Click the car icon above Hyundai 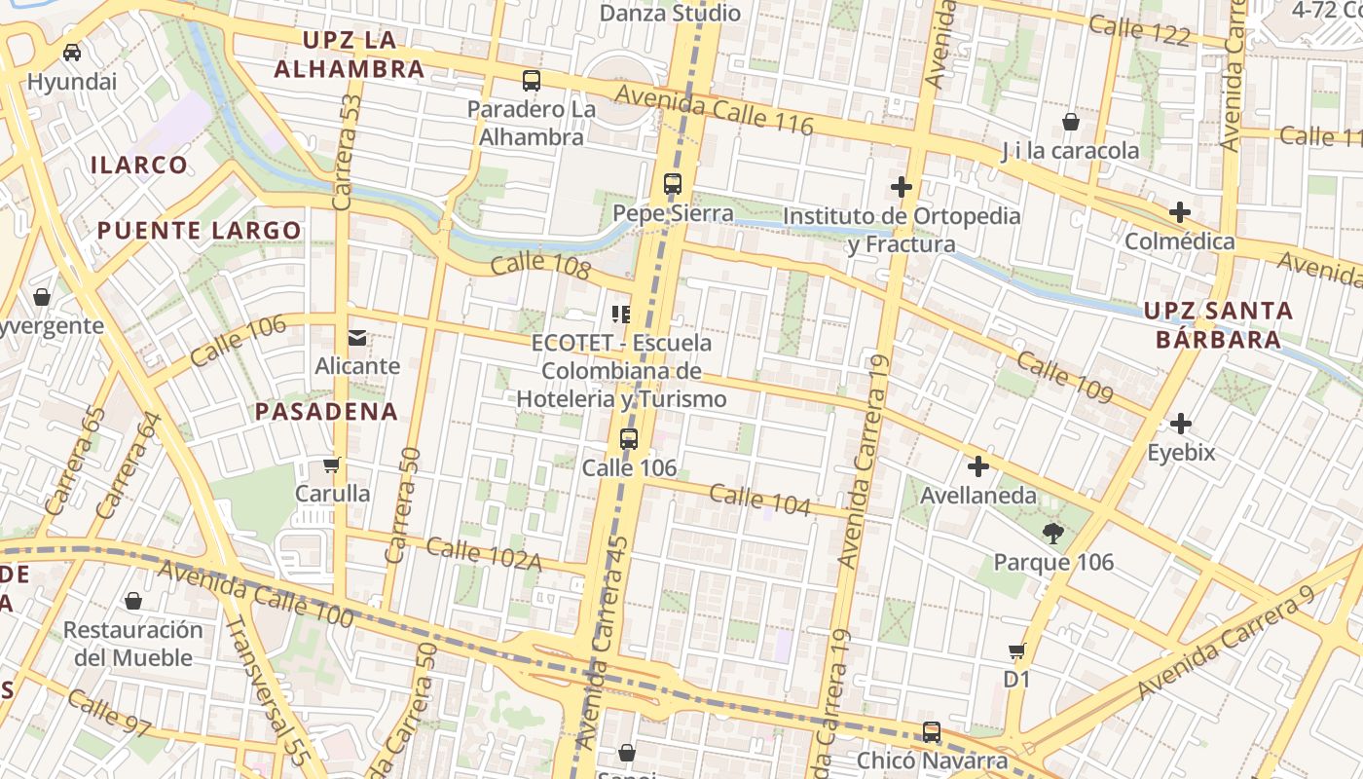[x=72, y=52]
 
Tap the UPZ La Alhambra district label [x=350, y=55]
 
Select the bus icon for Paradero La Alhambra [x=531, y=81]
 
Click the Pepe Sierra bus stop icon [x=672, y=183]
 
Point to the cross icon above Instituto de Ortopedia [x=902, y=186]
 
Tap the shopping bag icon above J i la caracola [x=1071, y=122]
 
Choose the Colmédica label [x=1179, y=241]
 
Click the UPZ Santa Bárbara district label [x=1218, y=325]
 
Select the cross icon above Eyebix [x=1181, y=424]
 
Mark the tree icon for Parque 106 [x=1052, y=533]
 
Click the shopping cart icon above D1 [x=1016, y=650]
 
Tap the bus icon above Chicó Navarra [x=932, y=731]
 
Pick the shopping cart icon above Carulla [x=332, y=464]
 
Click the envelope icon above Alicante [x=357, y=338]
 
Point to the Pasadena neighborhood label [x=326, y=411]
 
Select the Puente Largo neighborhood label [x=199, y=231]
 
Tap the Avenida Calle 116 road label [x=714, y=108]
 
